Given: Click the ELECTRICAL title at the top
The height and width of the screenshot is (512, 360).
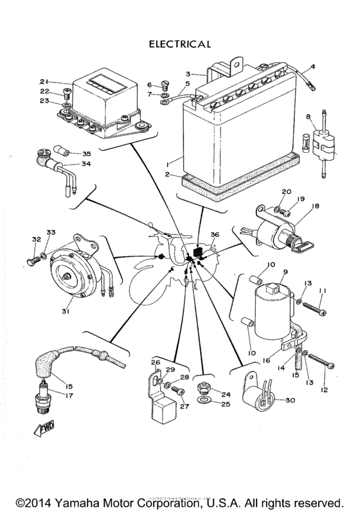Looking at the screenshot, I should (180, 44).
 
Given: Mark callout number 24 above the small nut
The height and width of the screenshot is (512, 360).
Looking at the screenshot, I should (226, 394).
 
